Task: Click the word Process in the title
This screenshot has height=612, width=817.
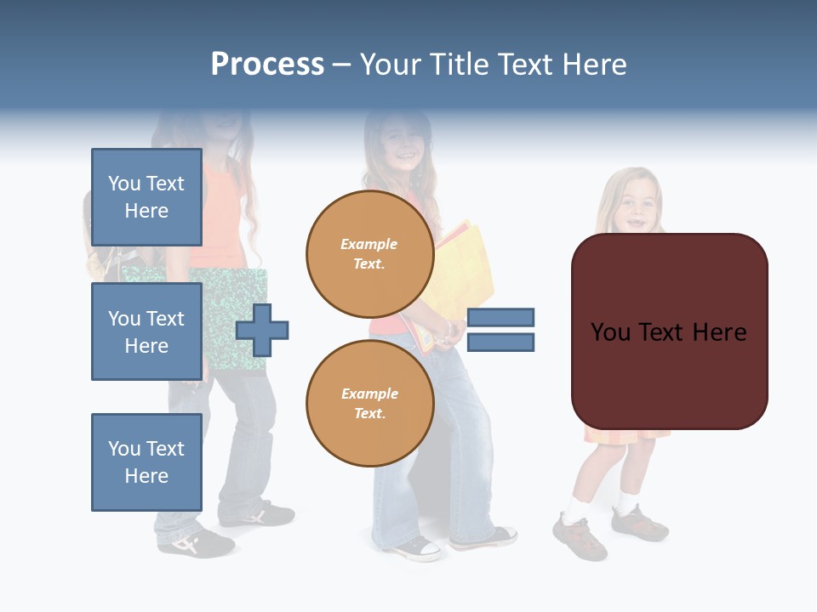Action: click(267, 65)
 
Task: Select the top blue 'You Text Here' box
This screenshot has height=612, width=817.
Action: click(146, 197)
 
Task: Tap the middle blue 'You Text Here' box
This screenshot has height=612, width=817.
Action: click(146, 331)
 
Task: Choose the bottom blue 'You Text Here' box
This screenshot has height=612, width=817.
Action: click(146, 462)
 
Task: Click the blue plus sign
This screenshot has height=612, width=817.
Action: click(262, 330)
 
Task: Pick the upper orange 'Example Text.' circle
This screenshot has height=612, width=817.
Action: click(369, 253)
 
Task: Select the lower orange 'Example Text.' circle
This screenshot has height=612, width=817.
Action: click(369, 403)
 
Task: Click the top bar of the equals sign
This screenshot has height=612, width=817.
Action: click(500, 317)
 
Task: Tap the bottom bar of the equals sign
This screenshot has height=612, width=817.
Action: click(500, 342)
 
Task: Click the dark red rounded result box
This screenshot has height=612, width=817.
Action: click(669, 331)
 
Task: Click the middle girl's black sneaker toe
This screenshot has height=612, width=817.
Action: click(422, 549)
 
